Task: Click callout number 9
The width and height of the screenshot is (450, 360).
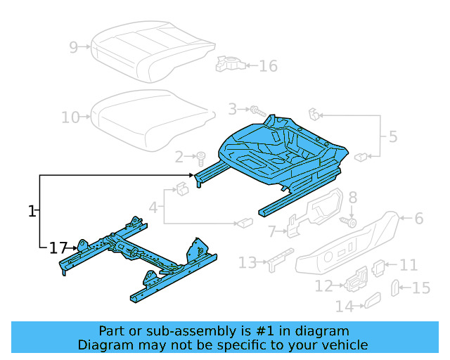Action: point(73,47)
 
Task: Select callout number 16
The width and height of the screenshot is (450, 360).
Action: point(268,66)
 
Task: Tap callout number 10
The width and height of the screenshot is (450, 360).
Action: point(70,117)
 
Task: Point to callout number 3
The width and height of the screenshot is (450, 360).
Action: point(232,109)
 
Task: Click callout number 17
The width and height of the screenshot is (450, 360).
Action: point(58,247)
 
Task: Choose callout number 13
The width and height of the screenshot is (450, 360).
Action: point(247,262)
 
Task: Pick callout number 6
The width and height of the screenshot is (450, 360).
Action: point(419,219)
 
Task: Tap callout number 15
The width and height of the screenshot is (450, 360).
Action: point(420,287)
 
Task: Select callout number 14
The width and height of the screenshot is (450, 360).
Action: point(345,307)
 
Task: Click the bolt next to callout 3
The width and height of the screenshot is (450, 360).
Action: point(257,110)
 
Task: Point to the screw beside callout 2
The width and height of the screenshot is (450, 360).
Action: point(200,156)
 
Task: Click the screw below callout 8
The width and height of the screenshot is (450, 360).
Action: point(349,221)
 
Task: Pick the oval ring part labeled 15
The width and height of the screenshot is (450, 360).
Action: point(394,287)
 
